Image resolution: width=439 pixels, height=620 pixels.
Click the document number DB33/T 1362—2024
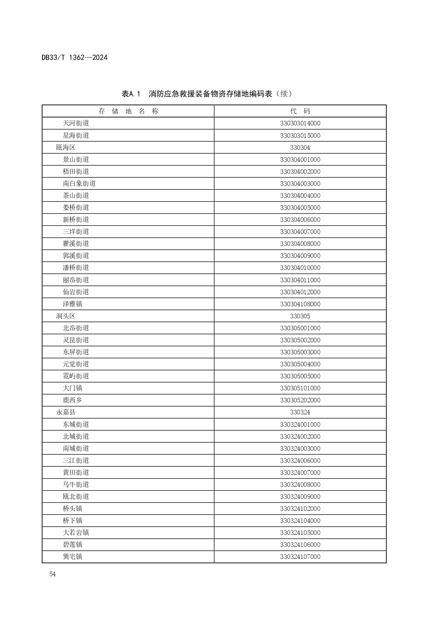74,57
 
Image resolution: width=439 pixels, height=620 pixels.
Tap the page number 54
52,574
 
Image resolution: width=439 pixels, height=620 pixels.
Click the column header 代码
300,111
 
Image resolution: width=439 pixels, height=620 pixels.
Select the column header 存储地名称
128,111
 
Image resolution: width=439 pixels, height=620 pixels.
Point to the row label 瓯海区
66,147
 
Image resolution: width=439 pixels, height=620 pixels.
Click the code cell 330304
300,147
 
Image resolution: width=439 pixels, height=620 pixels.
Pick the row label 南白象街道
79,183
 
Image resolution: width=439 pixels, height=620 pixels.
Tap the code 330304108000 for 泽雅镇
300,304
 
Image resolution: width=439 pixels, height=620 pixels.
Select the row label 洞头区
66,316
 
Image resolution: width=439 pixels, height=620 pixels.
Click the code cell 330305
300,316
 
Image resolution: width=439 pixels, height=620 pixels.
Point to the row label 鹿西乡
73,400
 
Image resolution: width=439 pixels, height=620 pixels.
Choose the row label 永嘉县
66,412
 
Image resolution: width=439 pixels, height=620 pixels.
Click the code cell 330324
300,412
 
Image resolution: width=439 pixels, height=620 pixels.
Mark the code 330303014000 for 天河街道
300,123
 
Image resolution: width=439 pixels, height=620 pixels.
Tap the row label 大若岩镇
76,532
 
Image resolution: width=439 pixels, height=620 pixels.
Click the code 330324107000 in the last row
300,556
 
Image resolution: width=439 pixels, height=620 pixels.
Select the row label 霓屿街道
76,376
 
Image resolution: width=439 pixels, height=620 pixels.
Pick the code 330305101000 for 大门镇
300,388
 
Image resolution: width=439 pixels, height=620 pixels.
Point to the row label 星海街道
76,135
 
